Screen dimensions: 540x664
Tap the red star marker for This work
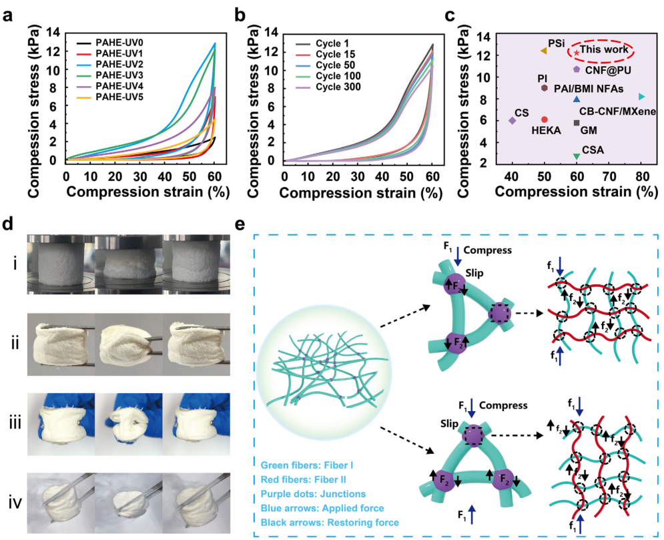[x=576, y=52]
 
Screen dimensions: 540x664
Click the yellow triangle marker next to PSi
[x=543, y=51]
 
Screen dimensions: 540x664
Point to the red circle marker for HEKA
[x=545, y=119]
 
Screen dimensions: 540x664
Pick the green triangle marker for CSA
[x=576, y=156]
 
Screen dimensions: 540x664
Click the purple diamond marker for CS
[x=512, y=121]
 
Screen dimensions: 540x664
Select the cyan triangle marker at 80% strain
[x=641, y=97]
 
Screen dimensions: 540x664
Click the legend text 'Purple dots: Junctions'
[x=310, y=493]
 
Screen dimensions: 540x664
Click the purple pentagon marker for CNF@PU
[x=576, y=69]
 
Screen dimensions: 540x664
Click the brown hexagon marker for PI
[x=545, y=88]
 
